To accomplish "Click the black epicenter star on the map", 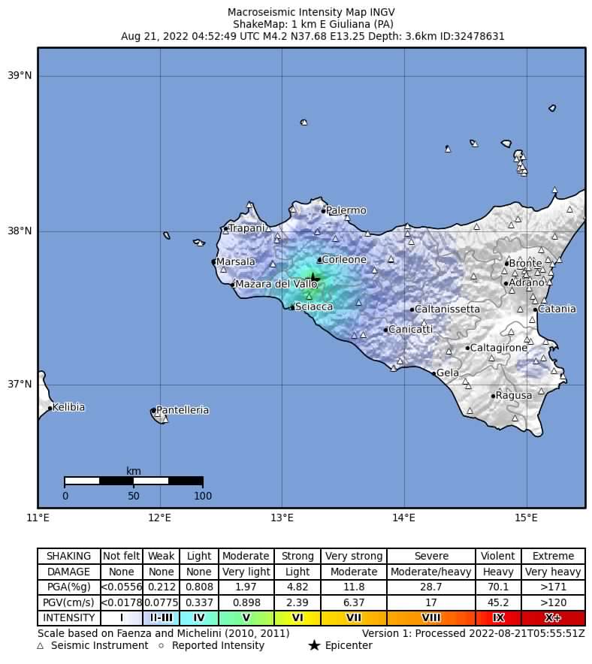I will click(314, 278).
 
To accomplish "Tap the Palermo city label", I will click(346, 211).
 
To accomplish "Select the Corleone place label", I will click(344, 260).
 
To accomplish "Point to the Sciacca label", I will click(314, 307).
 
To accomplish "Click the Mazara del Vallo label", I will click(276, 284).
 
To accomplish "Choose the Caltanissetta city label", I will click(447, 309).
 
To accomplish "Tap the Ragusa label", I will click(514, 396).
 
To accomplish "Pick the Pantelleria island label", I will click(183, 411).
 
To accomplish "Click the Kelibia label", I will click(68, 408).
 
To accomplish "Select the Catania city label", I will click(557, 309).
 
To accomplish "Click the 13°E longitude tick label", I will click(282, 518).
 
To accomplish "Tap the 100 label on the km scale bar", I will click(203, 496).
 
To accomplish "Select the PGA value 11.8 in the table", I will click(353, 587).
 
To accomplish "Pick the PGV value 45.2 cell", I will click(498, 602).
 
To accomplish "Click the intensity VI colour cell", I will click(298, 618).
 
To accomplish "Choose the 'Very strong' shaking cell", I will click(353, 557).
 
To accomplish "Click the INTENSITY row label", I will click(69, 618).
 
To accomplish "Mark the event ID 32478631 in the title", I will click(475, 35).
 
